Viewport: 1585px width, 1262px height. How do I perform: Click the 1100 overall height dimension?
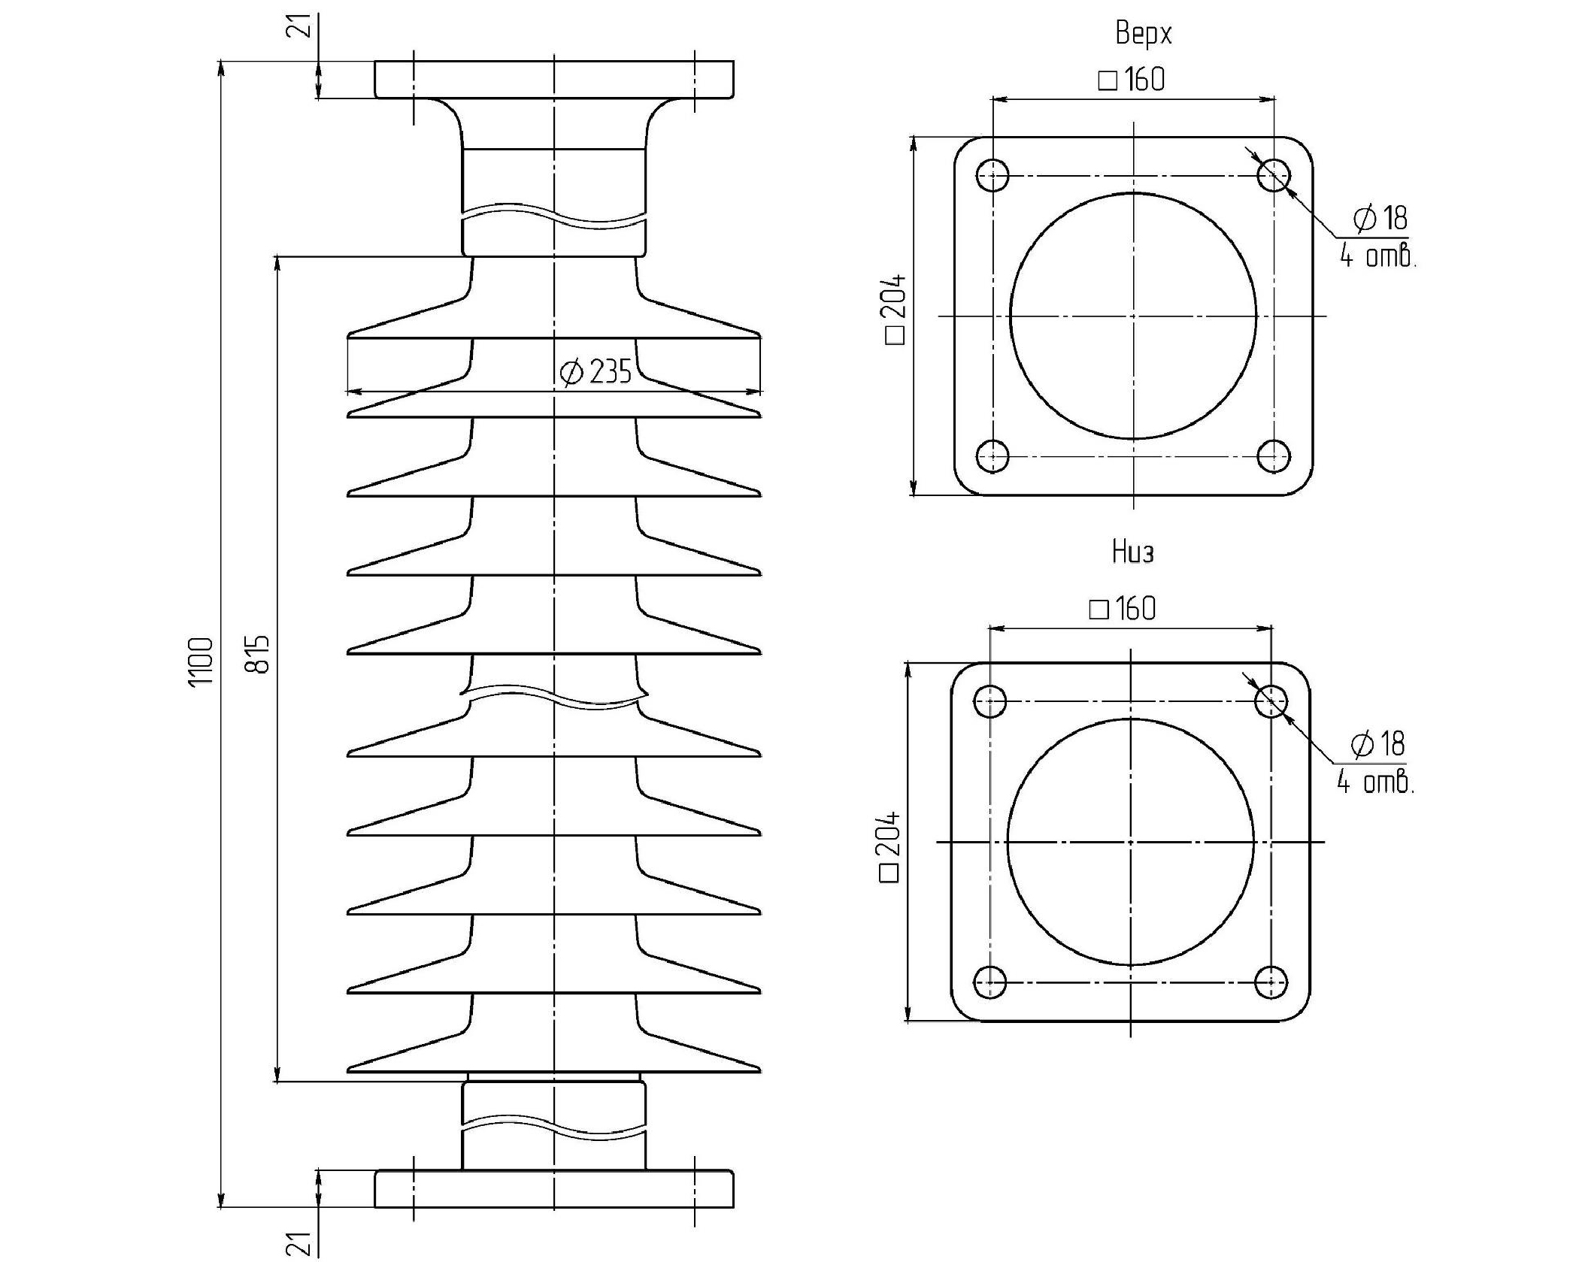coord(201,661)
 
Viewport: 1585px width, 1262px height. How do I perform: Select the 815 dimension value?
coord(257,654)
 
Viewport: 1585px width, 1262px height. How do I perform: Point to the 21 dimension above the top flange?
coord(302,25)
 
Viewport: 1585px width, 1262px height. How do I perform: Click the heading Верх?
coord(1143,33)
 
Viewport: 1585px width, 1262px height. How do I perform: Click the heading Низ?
coord(1132,552)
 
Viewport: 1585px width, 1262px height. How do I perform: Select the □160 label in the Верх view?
coord(1132,79)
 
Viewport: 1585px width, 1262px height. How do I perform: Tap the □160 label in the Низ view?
coord(1123,608)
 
